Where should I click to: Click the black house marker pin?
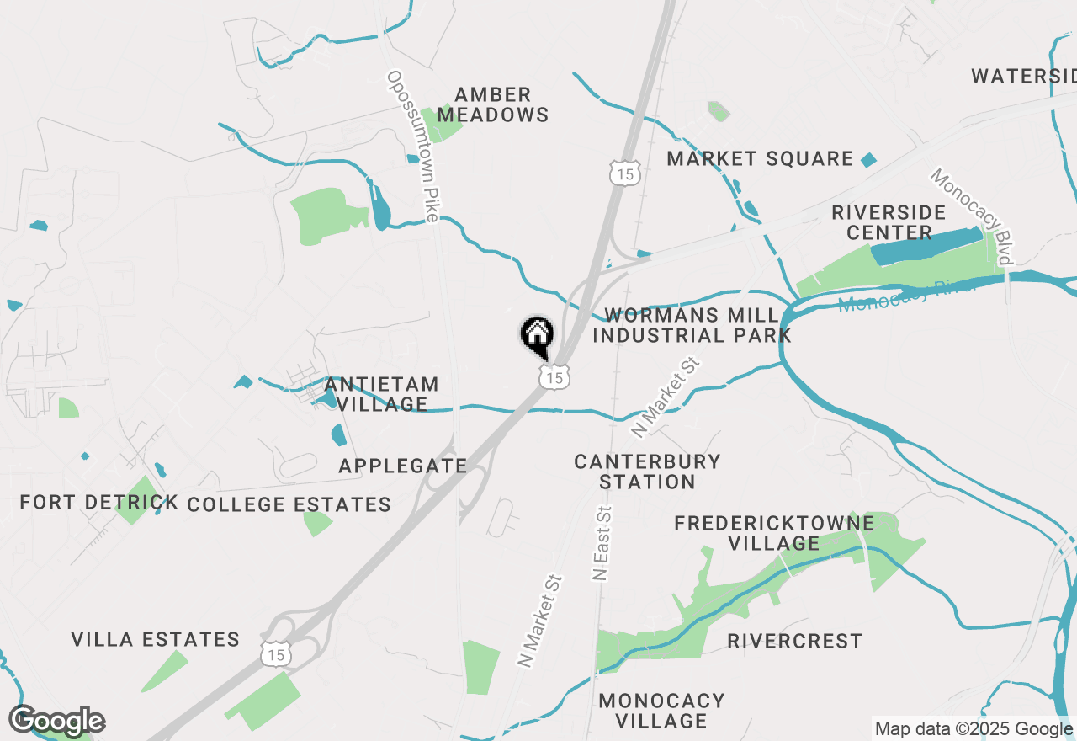tap(536, 335)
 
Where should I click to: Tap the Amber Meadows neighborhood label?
tap(494, 104)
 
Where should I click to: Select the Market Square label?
tap(760, 158)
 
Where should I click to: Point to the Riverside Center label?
tap(889, 221)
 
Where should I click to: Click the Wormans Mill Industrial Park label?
tap(692, 325)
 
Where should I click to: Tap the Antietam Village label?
tap(382, 394)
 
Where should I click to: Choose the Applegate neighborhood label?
tap(403, 466)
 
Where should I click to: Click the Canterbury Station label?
tap(647, 472)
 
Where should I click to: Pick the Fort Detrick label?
tap(99, 503)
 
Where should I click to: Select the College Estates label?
tap(289, 504)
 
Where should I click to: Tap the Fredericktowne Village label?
tap(774, 533)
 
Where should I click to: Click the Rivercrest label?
tap(794, 641)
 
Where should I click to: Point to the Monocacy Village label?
tap(661, 710)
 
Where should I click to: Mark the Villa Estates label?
tap(156, 639)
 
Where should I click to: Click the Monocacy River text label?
tap(906, 294)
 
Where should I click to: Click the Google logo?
tap(57, 721)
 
